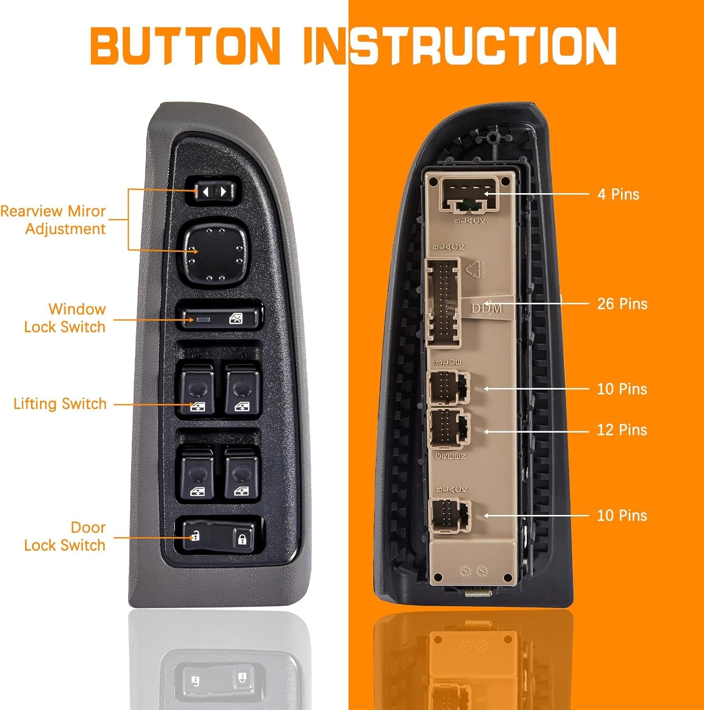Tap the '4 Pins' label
pyautogui.click(x=618, y=194)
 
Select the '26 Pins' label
pyautogui.click(x=622, y=303)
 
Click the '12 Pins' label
pyautogui.click(x=622, y=430)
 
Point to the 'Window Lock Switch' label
pyautogui.click(x=65, y=318)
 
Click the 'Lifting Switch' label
pyautogui.click(x=60, y=404)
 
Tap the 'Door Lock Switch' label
pyautogui.click(x=65, y=536)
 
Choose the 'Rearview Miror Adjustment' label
pyautogui.click(x=53, y=220)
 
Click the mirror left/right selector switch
pyautogui.click(x=214, y=192)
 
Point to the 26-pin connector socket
pyautogui.click(x=443, y=303)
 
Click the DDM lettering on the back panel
pyautogui.click(x=487, y=309)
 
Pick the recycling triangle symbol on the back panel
pyautogui.click(x=474, y=269)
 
